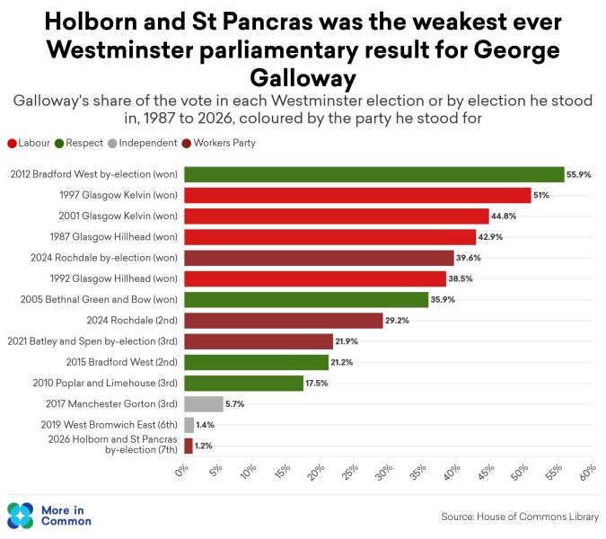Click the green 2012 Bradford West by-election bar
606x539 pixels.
pos(374,174)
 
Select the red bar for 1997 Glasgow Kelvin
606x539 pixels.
pos(357,195)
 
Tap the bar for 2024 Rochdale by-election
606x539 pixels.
pos(319,258)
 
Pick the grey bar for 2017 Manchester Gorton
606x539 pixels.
pos(204,404)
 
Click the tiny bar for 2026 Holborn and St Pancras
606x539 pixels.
pos(189,446)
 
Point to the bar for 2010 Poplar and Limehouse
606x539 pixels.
pos(244,384)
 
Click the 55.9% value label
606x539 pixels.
pos(578,174)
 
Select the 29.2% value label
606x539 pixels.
pos(397,321)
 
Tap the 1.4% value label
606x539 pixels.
pos(205,425)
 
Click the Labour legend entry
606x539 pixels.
pos(29,143)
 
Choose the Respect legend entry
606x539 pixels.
pos(79,143)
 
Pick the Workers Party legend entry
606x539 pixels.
pos(219,143)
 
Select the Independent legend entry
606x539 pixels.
pos(143,143)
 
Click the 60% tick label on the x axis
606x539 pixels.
pos(588,473)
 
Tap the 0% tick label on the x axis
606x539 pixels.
pos(181,472)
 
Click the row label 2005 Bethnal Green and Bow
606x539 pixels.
pos(99,300)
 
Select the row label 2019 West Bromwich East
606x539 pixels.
pos(109,425)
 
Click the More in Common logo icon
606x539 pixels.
pos(20,516)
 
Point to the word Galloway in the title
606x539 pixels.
pos(303,78)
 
